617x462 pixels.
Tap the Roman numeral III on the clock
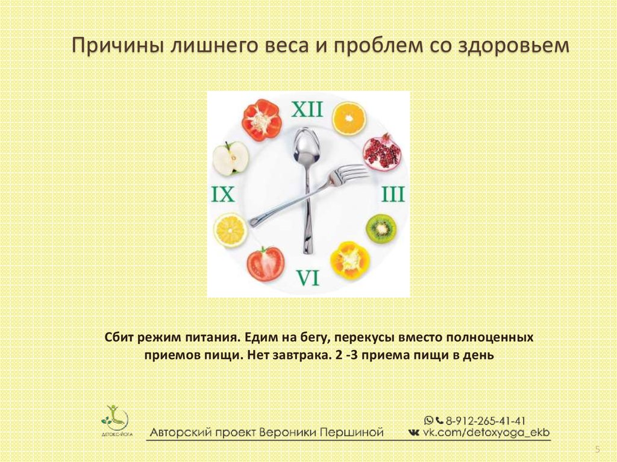pyautogui.click(x=393, y=195)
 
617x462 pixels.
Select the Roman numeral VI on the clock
pyautogui.click(x=308, y=277)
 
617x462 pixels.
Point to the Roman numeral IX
pyautogui.click(x=223, y=194)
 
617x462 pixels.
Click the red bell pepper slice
pyautogui.click(x=262, y=120)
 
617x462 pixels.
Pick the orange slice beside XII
pyautogui.click(x=349, y=119)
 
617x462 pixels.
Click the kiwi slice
pyautogui.click(x=381, y=228)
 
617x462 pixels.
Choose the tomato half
pyautogui.click(x=266, y=263)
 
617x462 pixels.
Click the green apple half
pyautogui.click(x=231, y=158)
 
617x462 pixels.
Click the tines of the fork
pyautogui.click(x=349, y=173)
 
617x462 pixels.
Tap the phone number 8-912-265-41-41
pyautogui.click(x=486, y=420)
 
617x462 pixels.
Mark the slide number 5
pyautogui.click(x=598, y=449)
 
